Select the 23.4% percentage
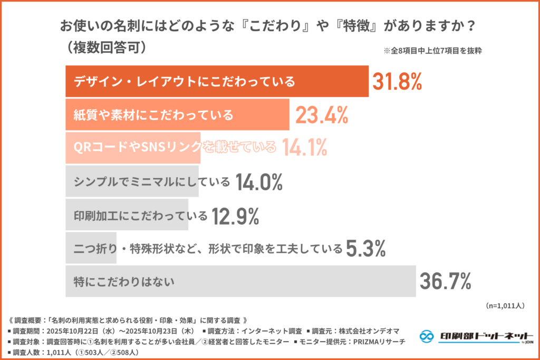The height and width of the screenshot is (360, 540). click(321, 115)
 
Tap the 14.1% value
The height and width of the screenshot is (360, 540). click(304, 148)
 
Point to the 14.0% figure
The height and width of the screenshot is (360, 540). click(259, 182)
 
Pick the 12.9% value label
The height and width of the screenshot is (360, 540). click(235, 215)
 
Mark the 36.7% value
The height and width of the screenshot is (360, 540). click(445, 281)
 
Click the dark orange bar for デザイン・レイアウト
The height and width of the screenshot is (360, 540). click(216, 82)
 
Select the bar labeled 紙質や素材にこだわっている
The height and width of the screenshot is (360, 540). click(177, 115)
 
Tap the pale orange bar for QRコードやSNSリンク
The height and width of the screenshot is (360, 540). click(132, 148)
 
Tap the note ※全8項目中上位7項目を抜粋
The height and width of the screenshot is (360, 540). click(433, 52)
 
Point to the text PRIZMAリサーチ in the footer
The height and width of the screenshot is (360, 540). click(378, 342)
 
